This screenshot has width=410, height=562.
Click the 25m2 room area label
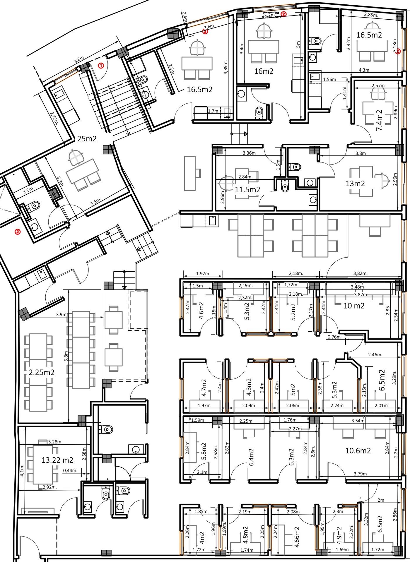point(87,139)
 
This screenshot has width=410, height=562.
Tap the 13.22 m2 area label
point(57,460)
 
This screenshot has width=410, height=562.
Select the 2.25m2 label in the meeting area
point(41,372)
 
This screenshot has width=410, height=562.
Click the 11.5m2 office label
point(247,190)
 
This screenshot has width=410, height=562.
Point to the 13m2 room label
point(355,184)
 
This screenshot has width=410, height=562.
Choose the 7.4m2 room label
point(379,120)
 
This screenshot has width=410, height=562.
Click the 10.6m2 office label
point(358,450)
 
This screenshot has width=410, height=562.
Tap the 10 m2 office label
point(354,306)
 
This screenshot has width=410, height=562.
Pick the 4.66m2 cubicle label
point(297,537)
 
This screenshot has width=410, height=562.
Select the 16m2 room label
point(264,71)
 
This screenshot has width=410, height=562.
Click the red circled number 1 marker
point(101,66)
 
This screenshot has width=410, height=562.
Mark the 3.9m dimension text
point(61,314)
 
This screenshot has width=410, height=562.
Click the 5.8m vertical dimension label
point(66,356)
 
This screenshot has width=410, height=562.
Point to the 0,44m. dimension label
point(70,471)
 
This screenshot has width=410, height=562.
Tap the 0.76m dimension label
point(334,337)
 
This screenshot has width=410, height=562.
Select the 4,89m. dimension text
point(226,68)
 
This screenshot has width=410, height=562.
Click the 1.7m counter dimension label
point(213,111)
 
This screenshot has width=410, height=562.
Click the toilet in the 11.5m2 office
point(285,186)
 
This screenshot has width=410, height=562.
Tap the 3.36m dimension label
point(249,153)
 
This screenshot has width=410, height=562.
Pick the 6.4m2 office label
point(251,457)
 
